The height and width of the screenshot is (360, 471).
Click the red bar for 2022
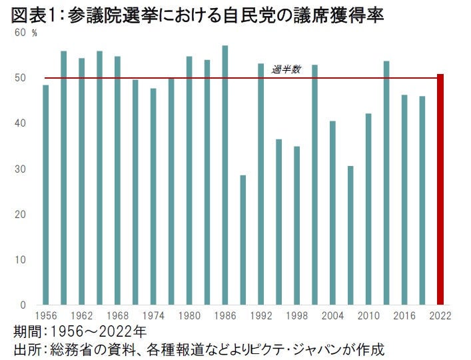click(440, 189)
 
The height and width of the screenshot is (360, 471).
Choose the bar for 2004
click(332, 213)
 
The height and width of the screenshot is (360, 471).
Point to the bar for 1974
click(153, 197)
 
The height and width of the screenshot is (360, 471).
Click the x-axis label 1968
click(117, 315)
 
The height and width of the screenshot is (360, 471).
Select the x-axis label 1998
click(296, 315)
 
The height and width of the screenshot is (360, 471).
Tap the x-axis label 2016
click(404, 315)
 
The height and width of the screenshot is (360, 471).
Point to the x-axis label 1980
click(189, 315)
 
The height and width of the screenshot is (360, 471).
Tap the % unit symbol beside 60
click(34, 33)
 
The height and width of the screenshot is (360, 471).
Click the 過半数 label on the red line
click(286, 69)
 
